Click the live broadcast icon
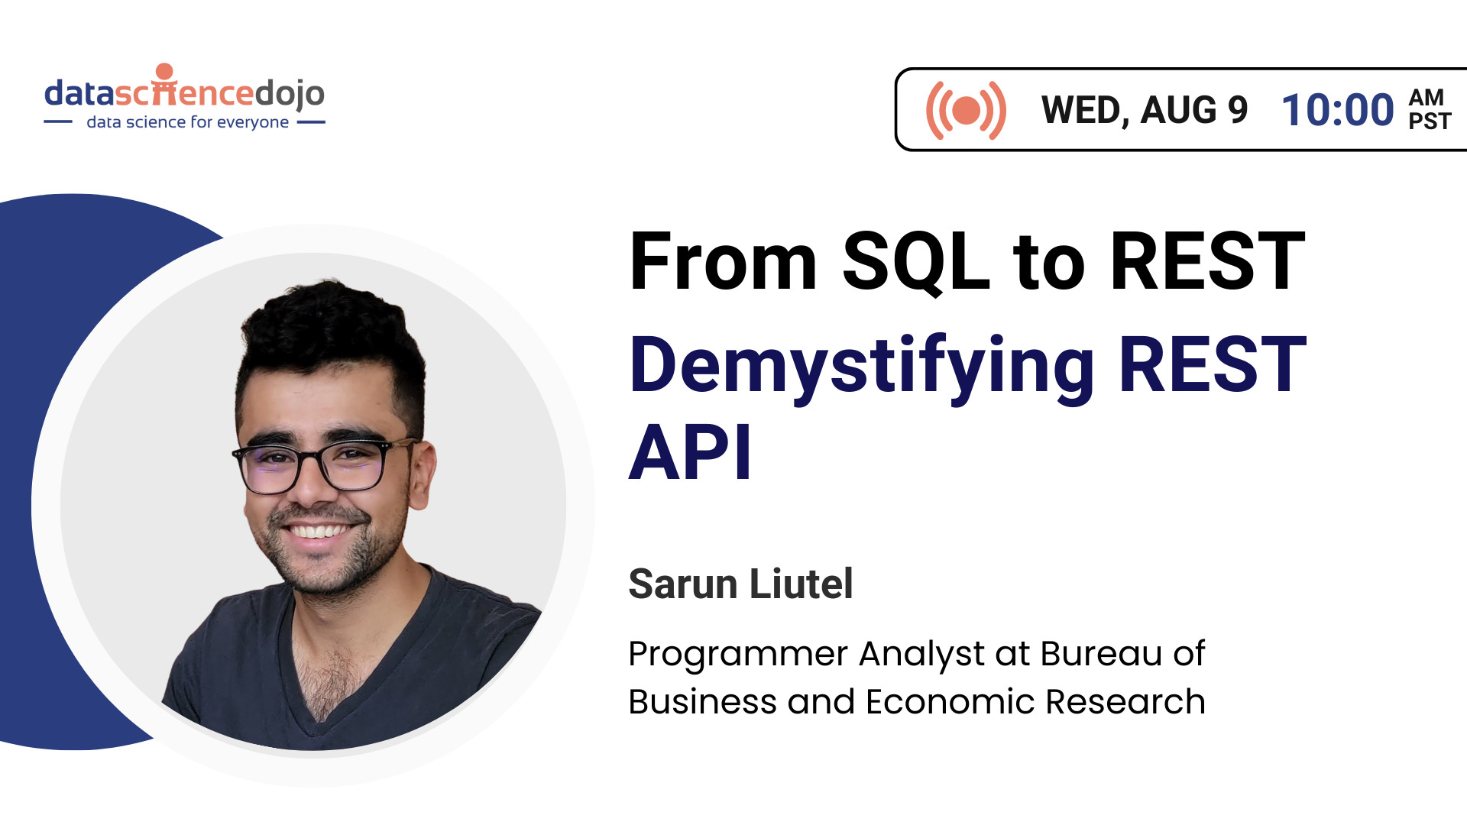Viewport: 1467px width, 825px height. click(x=966, y=110)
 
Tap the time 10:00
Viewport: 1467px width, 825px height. click(x=1338, y=110)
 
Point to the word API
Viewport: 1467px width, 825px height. click(x=690, y=452)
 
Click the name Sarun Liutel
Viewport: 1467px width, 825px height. click(x=740, y=584)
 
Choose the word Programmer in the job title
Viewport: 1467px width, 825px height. click(x=738, y=655)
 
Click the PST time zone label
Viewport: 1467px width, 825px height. click(x=1430, y=122)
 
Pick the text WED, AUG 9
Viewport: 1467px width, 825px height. click(x=1145, y=111)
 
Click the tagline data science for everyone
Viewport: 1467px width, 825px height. click(x=188, y=122)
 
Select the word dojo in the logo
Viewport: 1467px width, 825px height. click(x=290, y=94)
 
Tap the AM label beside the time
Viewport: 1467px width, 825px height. click(x=1427, y=98)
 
